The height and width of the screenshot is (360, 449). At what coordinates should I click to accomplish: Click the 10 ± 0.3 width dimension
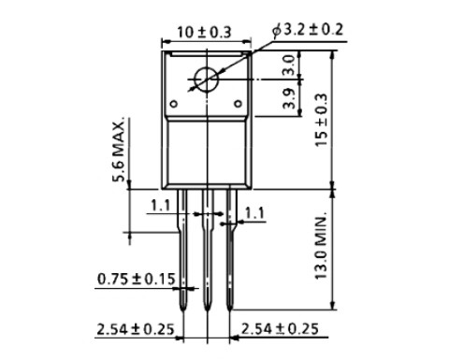tap(204, 33)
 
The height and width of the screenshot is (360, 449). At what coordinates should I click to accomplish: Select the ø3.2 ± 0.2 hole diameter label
tap(308, 30)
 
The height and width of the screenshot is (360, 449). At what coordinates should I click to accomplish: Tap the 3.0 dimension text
tap(288, 65)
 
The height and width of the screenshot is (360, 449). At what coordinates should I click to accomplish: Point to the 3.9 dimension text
tap(288, 98)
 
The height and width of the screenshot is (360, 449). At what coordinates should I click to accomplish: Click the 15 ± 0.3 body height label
tap(322, 120)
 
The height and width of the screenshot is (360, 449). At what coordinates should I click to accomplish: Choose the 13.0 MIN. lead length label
tap(321, 246)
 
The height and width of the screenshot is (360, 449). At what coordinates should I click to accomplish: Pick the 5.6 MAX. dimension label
tap(119, 150)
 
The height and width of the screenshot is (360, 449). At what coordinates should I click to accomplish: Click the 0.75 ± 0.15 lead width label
tap(137, 279)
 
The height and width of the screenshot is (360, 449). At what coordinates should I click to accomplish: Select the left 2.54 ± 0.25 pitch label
tap(136, 329)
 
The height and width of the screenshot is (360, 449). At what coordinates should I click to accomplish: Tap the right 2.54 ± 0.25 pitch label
tap(280, 329)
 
